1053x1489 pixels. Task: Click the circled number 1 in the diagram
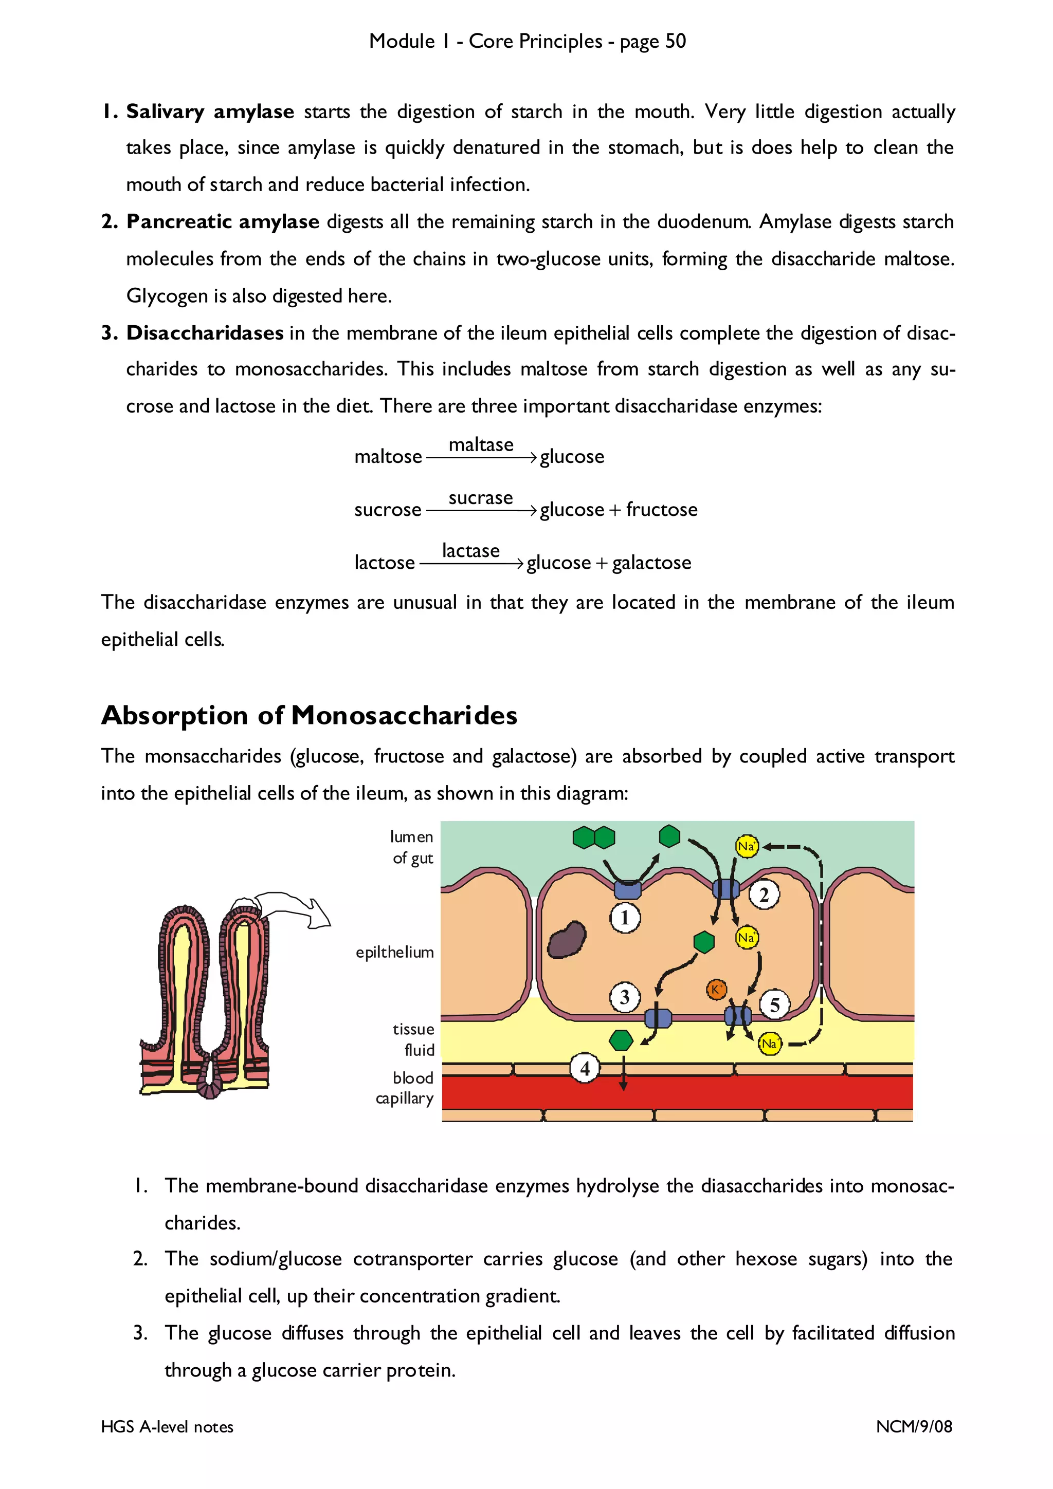pyautogui.click(x=625, y=918)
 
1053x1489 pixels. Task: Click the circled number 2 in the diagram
pyautogui.click(x=764, y=895)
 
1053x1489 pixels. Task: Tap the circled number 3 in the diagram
pyautogui.click(x=624, y=997)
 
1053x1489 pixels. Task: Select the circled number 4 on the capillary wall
pyautogui.click(x=585, y=1068)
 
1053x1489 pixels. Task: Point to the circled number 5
pyautogui.click(x=774, y=1005)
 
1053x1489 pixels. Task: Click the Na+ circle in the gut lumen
pyautogui.click(x=746, y=846)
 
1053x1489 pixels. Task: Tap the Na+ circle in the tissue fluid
pyautogui.click(x=770, y=1044)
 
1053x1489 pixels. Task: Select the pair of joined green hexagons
pyautogui.click(x=594, y=837)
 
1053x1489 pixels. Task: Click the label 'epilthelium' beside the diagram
pyautogui.click(x=394, y=952)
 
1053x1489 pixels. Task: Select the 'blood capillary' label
pyautogui.click(x=405, y=1088)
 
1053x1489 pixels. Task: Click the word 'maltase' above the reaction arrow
pyautogui.click(x=481, y=445)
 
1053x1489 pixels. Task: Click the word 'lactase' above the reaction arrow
pyautogui.click(x=470, y=551)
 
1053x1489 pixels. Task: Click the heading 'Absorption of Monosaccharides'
pyautogui.click(x=310, y=715)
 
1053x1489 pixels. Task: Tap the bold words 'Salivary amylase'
pyautogui.click(x=210, y=111)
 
